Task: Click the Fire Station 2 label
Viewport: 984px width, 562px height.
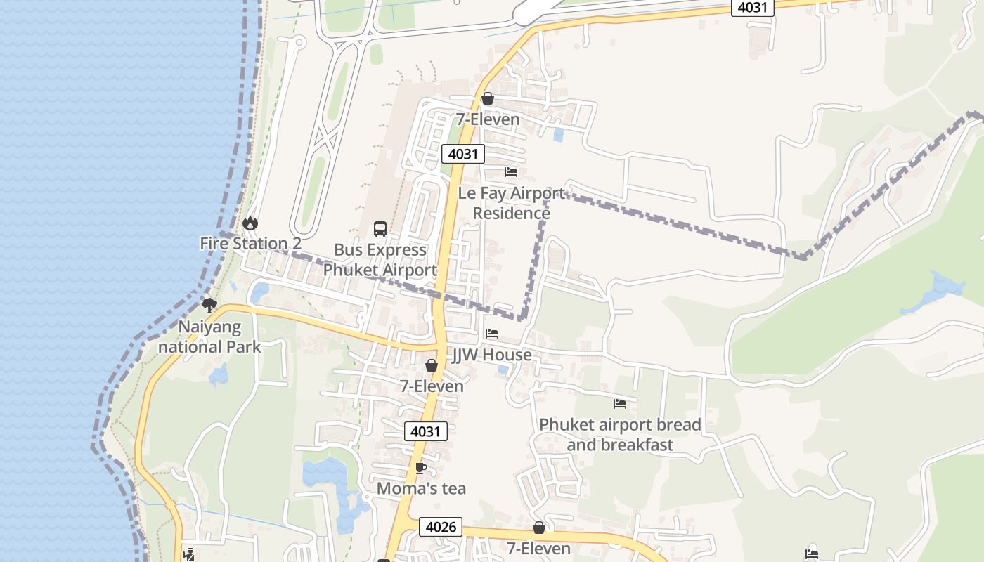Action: click(x=251, y=244)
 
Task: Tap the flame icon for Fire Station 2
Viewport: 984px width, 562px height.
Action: click(x=250, y=223)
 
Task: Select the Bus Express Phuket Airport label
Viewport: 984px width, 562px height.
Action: click(x=380, y=260)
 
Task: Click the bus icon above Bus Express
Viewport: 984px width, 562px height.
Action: click(x=380, y=228)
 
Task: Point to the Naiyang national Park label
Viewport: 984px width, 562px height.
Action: click(x=209, y=336)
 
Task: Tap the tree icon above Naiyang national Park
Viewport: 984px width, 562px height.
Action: click(x=209, y=305)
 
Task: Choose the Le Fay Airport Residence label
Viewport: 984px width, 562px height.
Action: click(x=512, y=203)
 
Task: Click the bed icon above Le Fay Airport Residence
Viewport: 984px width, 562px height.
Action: click(x=511, y=171)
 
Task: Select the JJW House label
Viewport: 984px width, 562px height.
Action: click(x=491, y=355)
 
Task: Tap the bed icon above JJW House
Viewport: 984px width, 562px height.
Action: click(x=492, y=333)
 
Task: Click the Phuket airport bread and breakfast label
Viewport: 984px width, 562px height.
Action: click(x=620, y=435)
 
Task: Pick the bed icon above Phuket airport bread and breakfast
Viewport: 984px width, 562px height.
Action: click(x=620, y=403)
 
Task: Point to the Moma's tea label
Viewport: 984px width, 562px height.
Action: click(x=421, y=488)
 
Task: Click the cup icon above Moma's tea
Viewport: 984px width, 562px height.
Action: click(x=421, y=468)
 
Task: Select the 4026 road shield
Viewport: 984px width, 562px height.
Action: click(x=441, y=527)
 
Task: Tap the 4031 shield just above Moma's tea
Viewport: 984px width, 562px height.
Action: click(x=426, y=431)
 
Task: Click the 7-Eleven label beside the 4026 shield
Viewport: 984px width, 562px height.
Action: click(x=539, y=548)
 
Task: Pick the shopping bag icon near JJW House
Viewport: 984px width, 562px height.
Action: click(x=432, y=365)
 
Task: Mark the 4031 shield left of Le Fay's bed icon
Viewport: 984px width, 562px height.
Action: click(x=463, y=154)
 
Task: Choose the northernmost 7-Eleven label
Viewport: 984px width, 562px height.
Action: click(x=488, y=119)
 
